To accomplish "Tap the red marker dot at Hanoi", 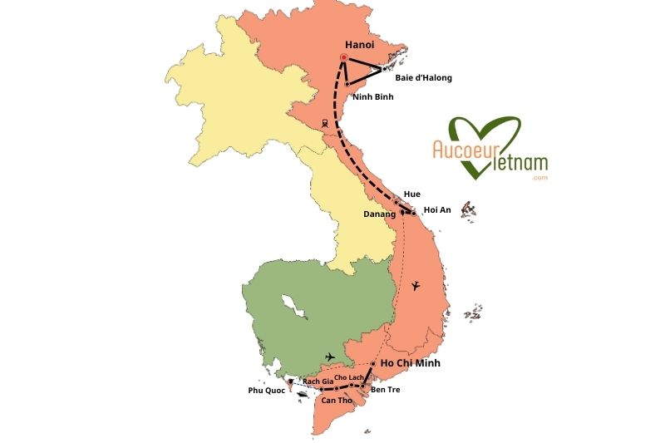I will point(343,57).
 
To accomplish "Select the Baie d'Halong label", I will point(424,78).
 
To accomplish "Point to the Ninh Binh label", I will point(372,96).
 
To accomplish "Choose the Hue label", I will point(411,194).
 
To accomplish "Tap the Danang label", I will point(379,214).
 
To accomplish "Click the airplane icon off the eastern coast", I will point(416,287).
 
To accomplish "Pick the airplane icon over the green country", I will point(331,357).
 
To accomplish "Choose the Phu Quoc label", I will point(265,389).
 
